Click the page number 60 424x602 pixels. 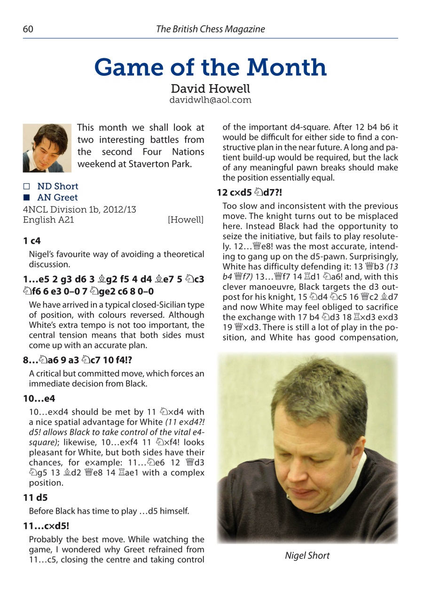(x=27, y=29)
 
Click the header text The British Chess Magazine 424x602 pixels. (x=210, y=29)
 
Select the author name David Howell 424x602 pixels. (x=210, y=88)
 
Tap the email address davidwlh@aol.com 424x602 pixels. (x=210, y=100)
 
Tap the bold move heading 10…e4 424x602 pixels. (x=39, y=399)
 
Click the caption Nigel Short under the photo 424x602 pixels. (x=307, y=555)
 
